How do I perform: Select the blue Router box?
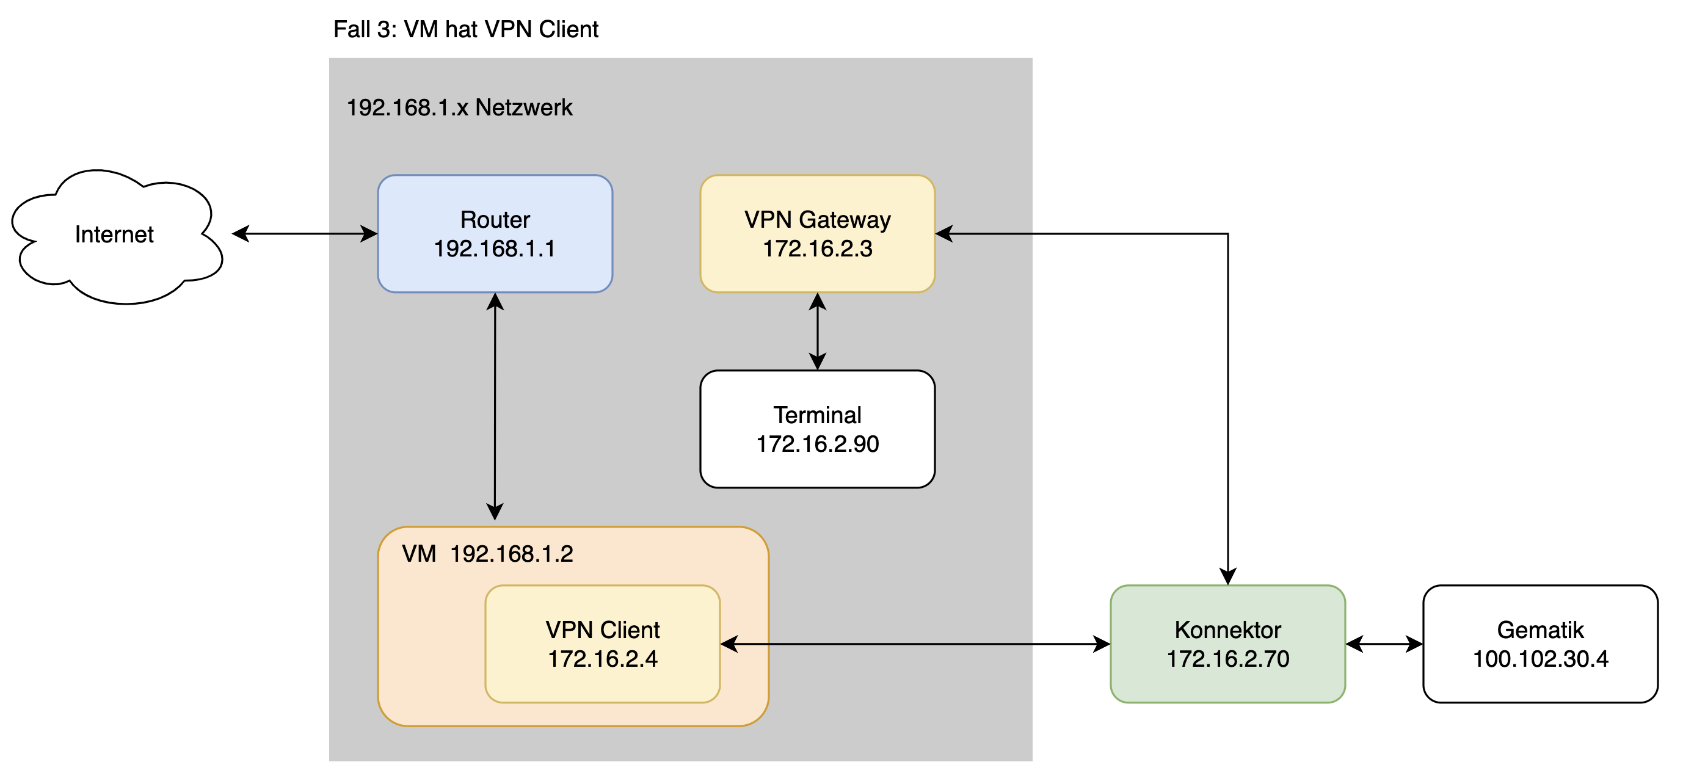click(x=495, y=196)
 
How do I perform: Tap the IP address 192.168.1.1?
click(x=495, y=249)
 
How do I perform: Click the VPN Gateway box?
click(x=817, y=196)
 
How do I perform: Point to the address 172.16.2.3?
click(x=817, y=249)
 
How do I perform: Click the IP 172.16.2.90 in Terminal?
click(x=817, y=445)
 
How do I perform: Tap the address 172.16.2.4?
click(x=602, y=659)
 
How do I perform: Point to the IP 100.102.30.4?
click(x=1540, y=659)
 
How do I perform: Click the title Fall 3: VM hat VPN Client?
click(x=465, y=29)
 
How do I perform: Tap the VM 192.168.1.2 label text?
click(x=487, y=554)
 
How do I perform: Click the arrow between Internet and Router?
click(x=305, y=234)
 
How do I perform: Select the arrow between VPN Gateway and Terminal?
click(x=817, y=331)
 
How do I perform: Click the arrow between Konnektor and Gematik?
click(x=1384, y=644)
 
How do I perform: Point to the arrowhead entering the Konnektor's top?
click(x=1227, y=576)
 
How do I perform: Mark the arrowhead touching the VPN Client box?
click(x=729, y=644)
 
